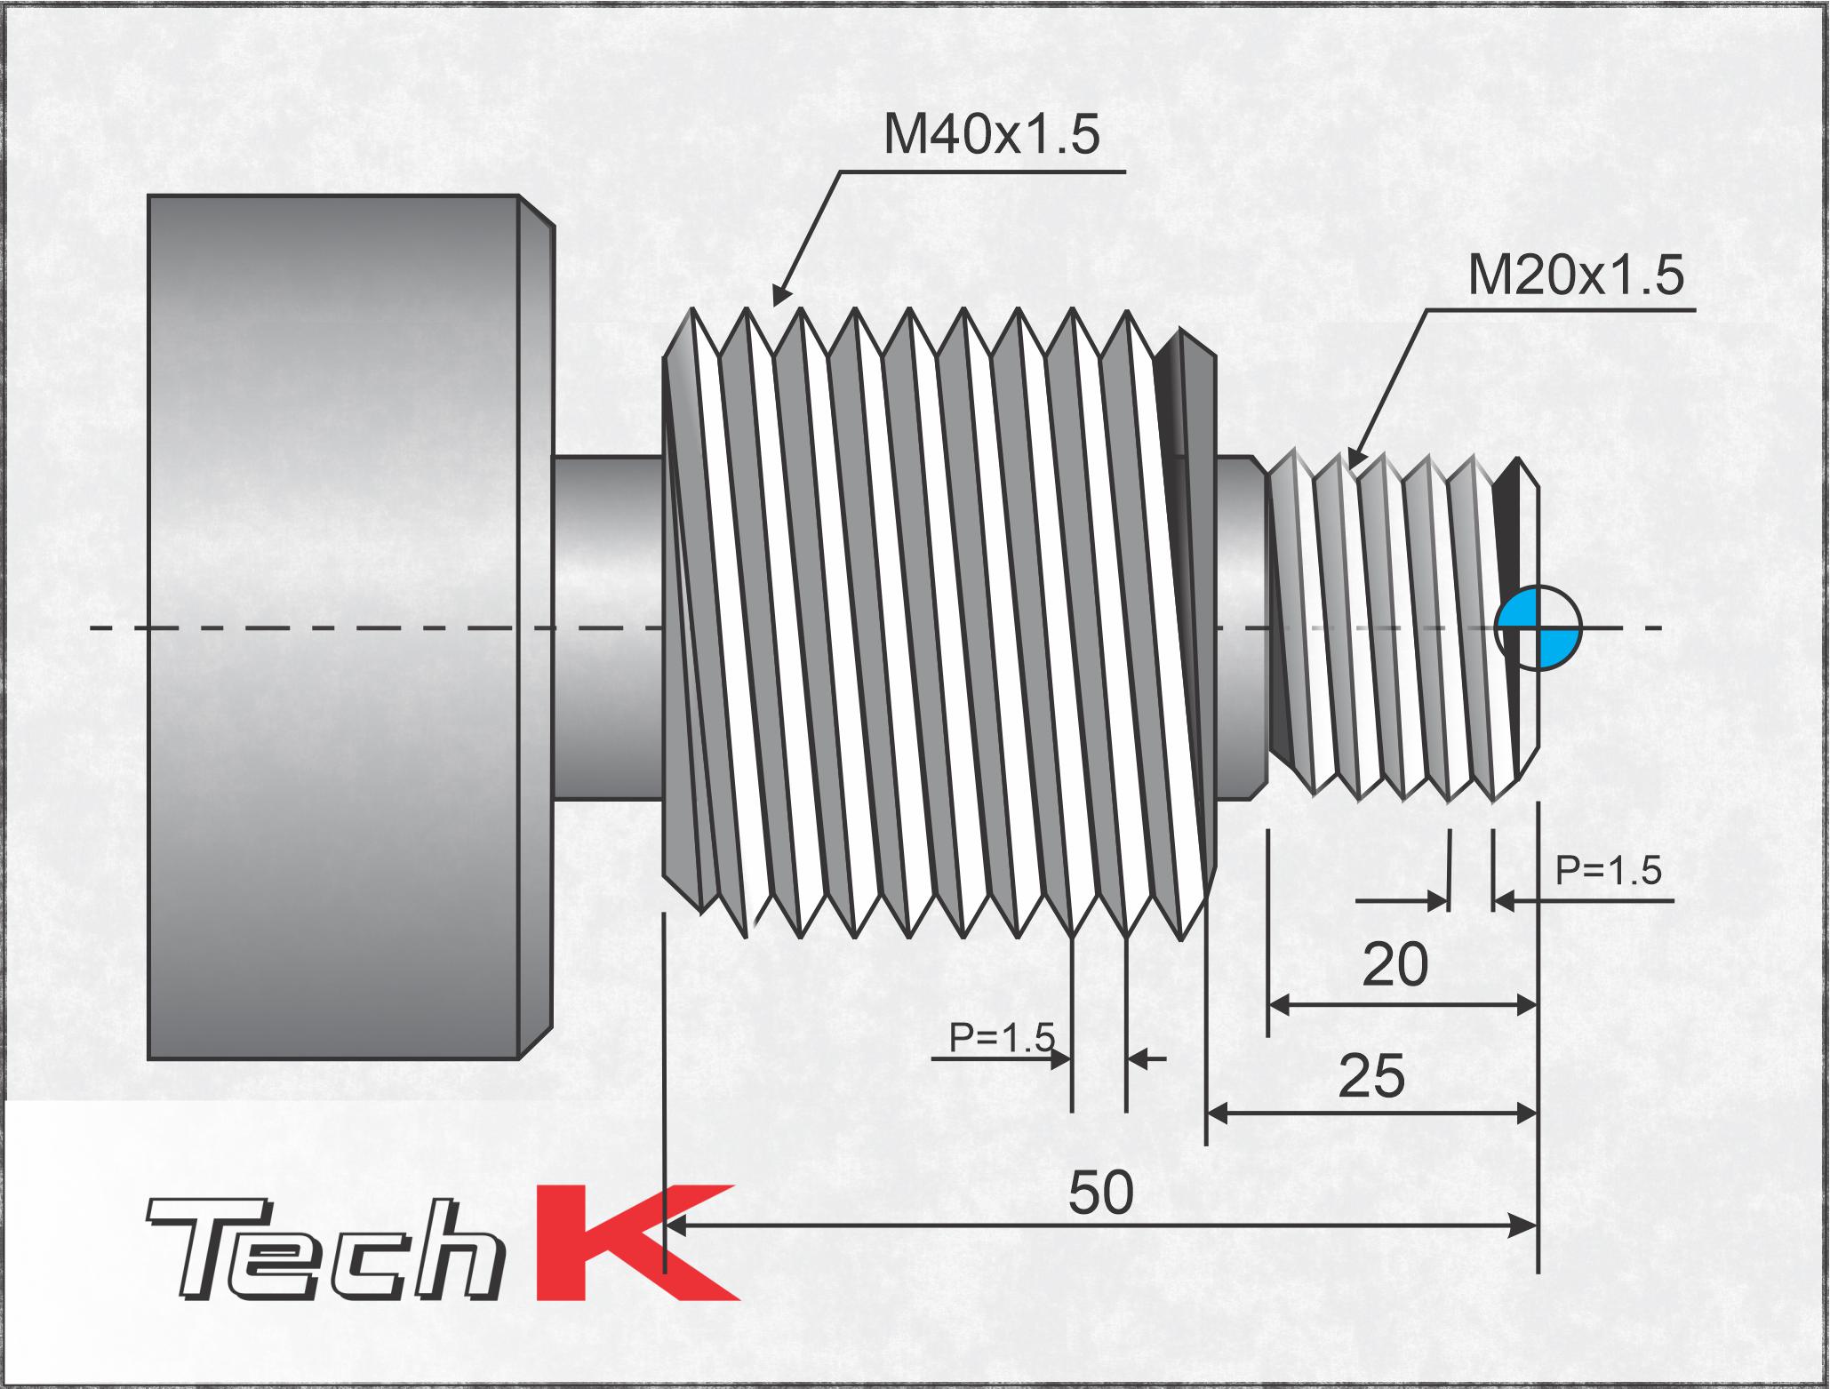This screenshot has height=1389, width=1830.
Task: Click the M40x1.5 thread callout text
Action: pyautogui.click(x=991, y=136)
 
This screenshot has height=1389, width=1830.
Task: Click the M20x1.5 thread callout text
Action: pyautogui.click(x=1575, y=276)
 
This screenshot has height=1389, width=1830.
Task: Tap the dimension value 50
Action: pyautogui.click(x=1100, y=1193)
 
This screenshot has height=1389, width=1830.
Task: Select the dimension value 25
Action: pyautogui.click(x=1371, y=1076)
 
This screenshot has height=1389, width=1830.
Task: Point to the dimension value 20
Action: pyautogui.click(x=1394, y=966)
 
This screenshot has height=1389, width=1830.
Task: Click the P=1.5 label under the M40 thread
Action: pyautogui.click(x=1002, y=1037)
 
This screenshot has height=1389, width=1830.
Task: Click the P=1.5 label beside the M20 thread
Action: pyautogui.click(x=1609, y=871)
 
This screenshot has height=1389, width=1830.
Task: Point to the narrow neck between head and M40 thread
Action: pyautogui.click(x=606, y=627)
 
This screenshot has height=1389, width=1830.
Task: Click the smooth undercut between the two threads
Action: pyautogui.click(x=1239, y=627)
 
